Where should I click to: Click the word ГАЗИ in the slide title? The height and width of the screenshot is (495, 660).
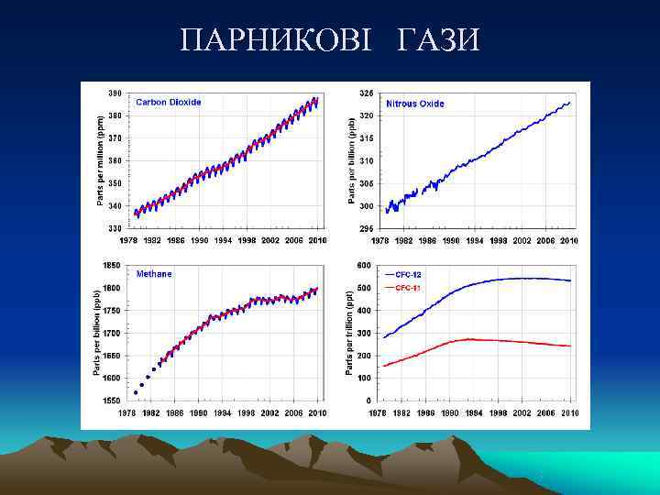pyautogui.click(x=438, y=39)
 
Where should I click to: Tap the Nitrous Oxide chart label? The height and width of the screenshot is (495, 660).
pyautogui.click(x=415, y=104)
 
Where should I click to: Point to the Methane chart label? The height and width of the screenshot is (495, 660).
pyautogui.click(x=154, y=274)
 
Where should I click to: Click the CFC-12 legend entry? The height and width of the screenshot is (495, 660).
pyautogui.click(x=409, y=274)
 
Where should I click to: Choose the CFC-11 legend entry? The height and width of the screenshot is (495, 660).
pyautogui.click(x=409, y=287)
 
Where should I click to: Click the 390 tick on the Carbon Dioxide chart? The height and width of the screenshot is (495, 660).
pyautogui.click(x=115, y=93)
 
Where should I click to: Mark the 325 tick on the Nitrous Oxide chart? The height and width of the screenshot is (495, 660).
pyautogui.click(x=366, y=93)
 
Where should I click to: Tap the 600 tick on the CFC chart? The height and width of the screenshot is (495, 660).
pyautogui.click(x=364, y=266)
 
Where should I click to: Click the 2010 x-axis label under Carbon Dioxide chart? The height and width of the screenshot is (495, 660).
pyautogui.click(x=317, y=241)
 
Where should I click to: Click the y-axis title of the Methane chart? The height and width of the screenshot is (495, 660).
pyautogui.click(x=96, y=332)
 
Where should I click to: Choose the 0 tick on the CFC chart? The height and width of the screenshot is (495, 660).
pyautogui.click(x=368, y=401)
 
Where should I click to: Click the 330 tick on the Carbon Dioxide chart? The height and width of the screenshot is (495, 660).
pyautogui.click(x=115, y=228)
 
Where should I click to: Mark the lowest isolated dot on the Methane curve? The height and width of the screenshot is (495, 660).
pyautogui.click(x=136, y=392)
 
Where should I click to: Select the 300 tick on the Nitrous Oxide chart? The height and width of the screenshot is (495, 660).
pyautogui.click(x=366, y=206)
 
